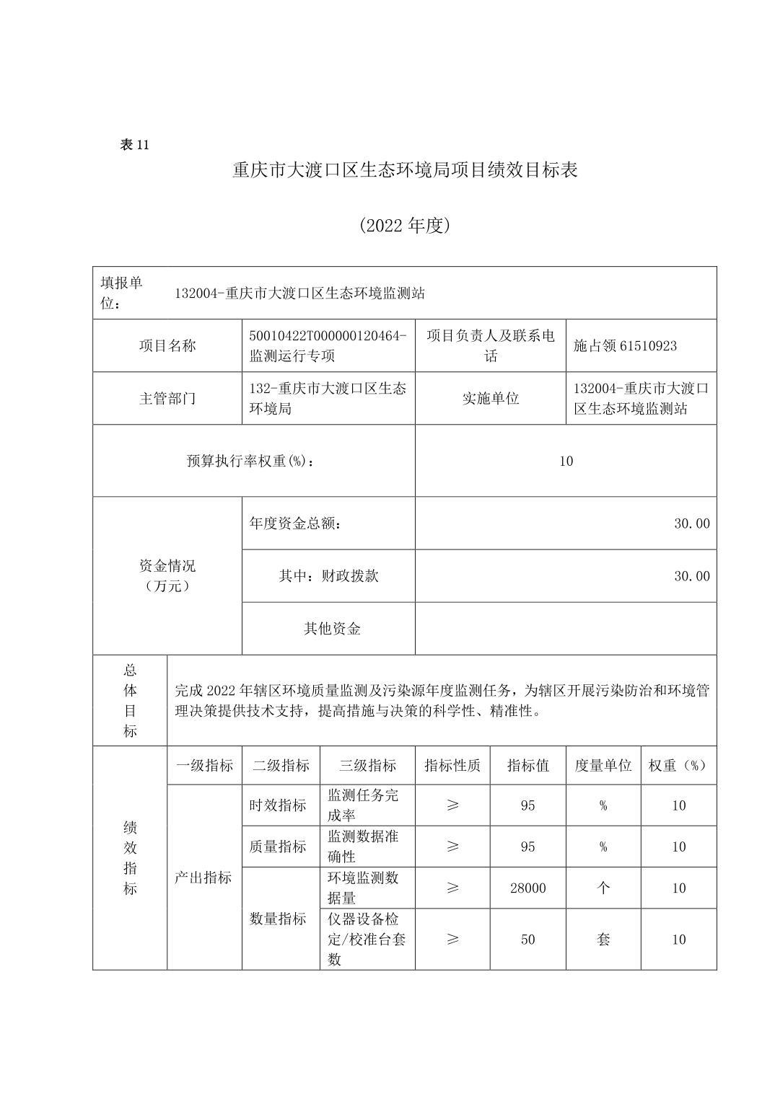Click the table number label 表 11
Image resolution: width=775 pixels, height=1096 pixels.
[x=134, y=145]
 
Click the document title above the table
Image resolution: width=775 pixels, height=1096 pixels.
[x=405, y=171]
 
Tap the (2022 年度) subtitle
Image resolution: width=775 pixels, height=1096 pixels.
[x=405, y=226]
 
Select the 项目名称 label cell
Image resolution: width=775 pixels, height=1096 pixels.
[x=167, y=345]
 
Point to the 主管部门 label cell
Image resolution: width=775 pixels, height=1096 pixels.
[x=167, y=398]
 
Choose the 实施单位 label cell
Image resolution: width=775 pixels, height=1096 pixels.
[x=490, y=398]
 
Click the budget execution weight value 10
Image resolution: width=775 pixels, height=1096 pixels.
[x=566, y=461]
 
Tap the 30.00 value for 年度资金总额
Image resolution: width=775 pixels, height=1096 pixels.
[x=691, y=523]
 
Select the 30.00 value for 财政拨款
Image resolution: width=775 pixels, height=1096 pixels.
[x=691, y=576]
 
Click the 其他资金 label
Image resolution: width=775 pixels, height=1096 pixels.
[x=332, y=629]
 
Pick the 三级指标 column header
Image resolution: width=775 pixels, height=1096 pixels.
[x=367, y=766]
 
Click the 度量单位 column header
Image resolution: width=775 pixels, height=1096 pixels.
[x=603, y=766]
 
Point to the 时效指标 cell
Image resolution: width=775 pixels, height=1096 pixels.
[x=278, y=805]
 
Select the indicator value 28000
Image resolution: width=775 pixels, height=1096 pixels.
[x=527, y=888]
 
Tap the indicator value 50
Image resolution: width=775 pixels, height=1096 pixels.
[x=527, y=940]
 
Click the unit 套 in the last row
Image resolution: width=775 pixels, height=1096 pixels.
[x=603, y=940]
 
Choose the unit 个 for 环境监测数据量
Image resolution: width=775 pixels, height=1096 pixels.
[x=603, y=888]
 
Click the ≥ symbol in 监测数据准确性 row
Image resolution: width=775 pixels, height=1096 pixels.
[x=452, y=847]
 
